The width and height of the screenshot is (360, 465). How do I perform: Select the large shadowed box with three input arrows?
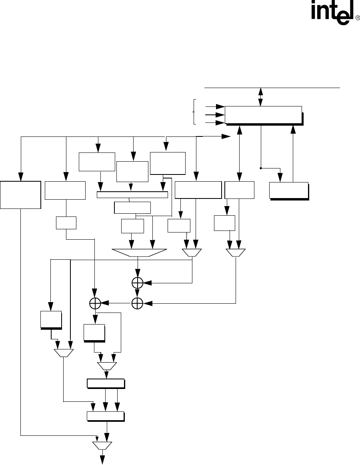263,115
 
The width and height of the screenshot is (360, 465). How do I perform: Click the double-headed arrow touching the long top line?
261,96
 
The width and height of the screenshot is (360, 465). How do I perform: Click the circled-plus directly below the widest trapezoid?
137,283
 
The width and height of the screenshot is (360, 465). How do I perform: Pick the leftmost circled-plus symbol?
95,303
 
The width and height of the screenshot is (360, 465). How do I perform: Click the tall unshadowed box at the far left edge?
20,194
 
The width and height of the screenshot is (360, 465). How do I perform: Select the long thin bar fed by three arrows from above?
132,194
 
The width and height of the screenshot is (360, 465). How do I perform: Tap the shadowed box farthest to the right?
288,190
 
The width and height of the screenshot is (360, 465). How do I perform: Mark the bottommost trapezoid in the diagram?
102,445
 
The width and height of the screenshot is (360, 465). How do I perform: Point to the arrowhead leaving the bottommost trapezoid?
102,461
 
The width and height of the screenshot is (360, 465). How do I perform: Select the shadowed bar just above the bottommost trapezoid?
105,416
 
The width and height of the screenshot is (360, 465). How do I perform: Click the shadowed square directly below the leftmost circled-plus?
94,333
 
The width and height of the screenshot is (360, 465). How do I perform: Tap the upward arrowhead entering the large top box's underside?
294,129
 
